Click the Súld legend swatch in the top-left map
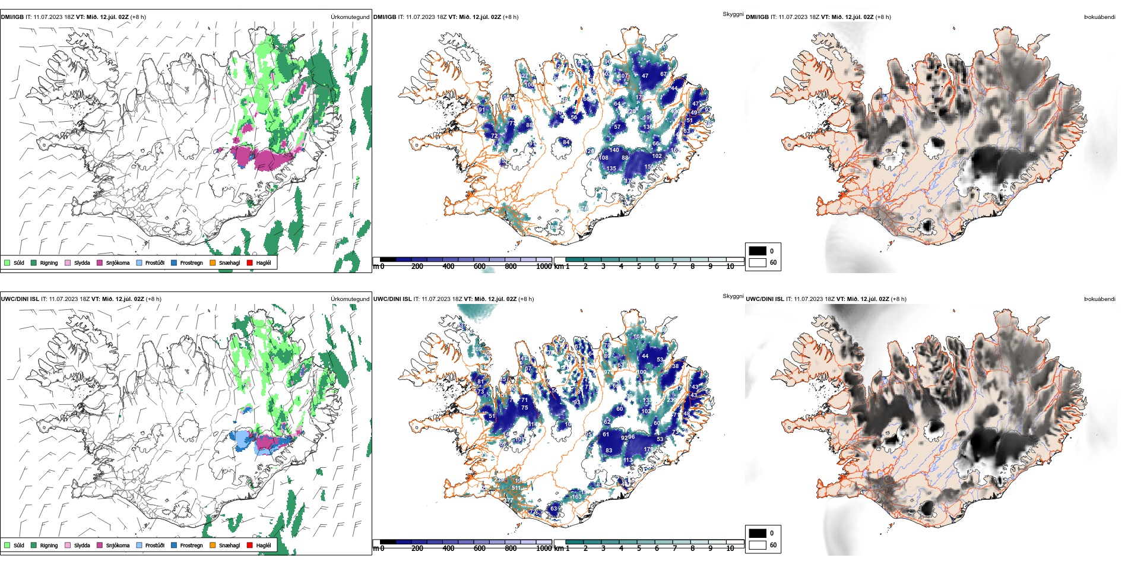7,262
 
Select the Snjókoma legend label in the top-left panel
118,263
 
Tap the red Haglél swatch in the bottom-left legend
250,545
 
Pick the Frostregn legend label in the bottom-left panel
191,546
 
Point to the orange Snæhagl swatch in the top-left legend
213,262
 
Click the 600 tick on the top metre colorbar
480,267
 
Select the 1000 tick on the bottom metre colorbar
544,549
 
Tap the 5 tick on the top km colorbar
639,267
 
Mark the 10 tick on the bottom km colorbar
730,549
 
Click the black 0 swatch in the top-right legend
758,251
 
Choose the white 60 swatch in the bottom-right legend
758,544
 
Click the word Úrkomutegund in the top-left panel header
350,17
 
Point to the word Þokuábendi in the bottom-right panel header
1100,299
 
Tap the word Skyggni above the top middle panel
733,14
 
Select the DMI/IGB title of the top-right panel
757,17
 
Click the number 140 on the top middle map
614,150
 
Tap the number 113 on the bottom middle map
628,460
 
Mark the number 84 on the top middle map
566,142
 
